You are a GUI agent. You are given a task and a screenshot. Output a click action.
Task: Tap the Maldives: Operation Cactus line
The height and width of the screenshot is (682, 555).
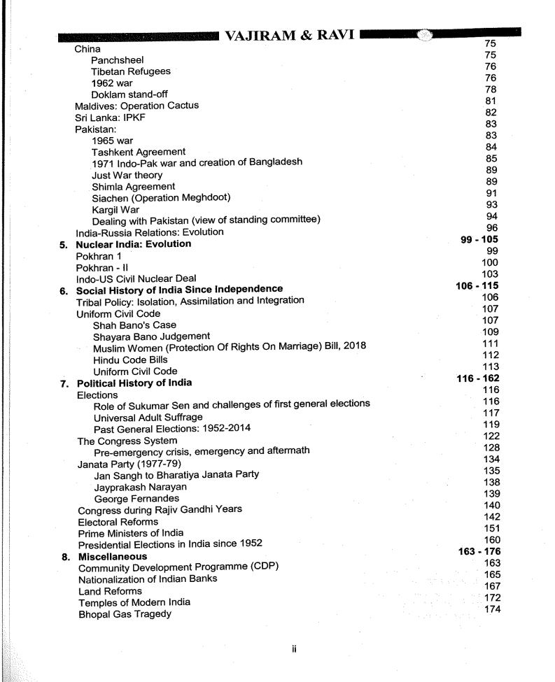click(136, 106)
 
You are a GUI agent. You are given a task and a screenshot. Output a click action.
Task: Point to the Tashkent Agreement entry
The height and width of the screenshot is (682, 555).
click(138, 152)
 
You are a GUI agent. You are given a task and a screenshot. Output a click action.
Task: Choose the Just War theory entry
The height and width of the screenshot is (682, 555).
click(127, 175)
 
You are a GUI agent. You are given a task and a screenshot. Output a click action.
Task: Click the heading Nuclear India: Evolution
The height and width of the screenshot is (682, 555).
click(133, 244)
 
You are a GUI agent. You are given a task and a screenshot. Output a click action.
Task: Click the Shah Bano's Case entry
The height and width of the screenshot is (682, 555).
click(134, 325)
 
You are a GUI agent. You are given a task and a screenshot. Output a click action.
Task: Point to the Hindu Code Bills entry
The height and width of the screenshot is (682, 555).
click(132, 360)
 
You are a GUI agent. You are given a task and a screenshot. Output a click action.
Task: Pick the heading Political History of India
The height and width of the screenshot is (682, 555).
click(134, 383)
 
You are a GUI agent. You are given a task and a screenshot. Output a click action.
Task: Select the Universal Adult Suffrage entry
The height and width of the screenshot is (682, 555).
click(148, 417)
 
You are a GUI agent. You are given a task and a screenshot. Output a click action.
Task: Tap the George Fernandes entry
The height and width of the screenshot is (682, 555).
click(136, 498)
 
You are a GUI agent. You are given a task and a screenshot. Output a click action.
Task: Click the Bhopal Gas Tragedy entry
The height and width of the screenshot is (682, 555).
click(125, 613)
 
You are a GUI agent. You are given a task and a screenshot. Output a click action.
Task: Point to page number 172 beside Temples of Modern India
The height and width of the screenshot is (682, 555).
click(493, 599)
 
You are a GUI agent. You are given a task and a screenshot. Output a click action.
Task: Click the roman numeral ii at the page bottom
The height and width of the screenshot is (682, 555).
click(295, 648)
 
